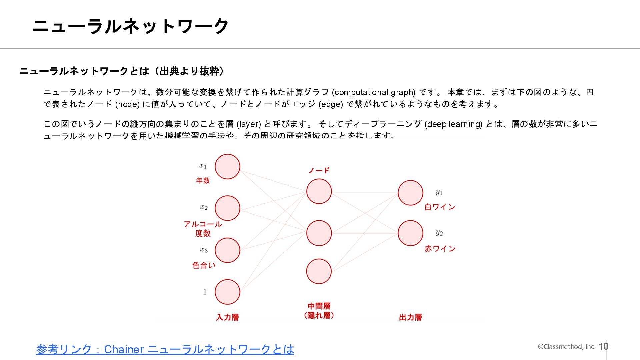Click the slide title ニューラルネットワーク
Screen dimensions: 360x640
[130, 26]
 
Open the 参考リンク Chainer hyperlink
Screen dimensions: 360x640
[165, 349]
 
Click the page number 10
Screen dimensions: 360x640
[603, 346]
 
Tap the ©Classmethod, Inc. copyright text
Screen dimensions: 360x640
[566, 347]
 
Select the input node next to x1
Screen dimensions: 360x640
[228, 167]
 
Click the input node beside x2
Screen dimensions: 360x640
[228, 208]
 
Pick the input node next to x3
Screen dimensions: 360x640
[228, 250]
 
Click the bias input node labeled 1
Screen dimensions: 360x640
[228, 292]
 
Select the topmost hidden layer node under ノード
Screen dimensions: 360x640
[319, 191]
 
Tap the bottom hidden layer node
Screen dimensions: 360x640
[319, 271]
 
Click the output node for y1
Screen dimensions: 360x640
[411, 193]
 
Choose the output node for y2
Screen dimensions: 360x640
[411, 233]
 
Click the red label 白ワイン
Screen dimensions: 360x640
[440, 207]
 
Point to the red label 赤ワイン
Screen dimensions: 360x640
[440, 248]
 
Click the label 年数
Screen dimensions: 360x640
[203, 181]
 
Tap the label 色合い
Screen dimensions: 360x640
[204, 265]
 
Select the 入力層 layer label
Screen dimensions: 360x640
[228, 317]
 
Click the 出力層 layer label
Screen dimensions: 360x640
[411, 317]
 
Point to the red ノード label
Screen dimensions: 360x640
[319, 171]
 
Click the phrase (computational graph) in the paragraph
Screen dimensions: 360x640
[374, 92]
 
